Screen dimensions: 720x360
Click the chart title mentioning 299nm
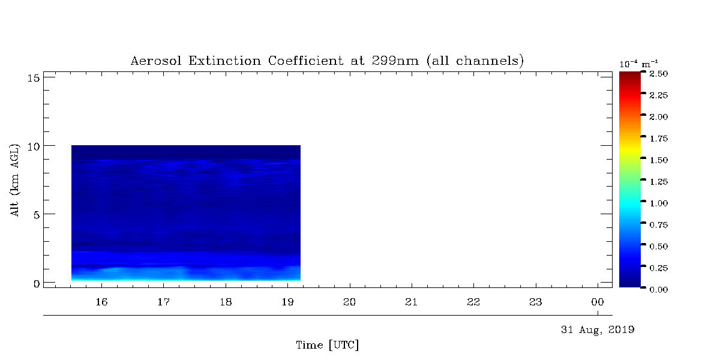[327, 61]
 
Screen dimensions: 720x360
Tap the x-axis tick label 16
[101, 302]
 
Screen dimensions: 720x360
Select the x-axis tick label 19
[287, 302]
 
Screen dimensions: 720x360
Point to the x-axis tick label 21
[412, 302]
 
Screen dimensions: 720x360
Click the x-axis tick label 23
[535, 302]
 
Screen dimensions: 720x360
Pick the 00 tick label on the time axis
[598, 302]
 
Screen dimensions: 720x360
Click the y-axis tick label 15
[34, 78]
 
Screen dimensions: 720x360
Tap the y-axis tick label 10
[34, 146]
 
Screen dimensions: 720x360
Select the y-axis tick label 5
[37, 215]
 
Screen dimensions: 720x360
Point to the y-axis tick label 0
[37, 283]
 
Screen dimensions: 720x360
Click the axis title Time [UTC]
[327, 345]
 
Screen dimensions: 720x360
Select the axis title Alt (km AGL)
[15, 180]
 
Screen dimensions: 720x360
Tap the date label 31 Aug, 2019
[598, 330]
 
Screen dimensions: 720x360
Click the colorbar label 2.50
[659, 74]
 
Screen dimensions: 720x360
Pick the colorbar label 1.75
[659, 139]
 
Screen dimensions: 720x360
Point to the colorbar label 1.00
[659, 203]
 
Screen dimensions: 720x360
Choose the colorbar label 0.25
[659, 268]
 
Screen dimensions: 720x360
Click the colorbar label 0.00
[659, 290]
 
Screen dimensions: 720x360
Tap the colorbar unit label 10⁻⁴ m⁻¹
[638, 64]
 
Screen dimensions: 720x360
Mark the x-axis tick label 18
[226, 302]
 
